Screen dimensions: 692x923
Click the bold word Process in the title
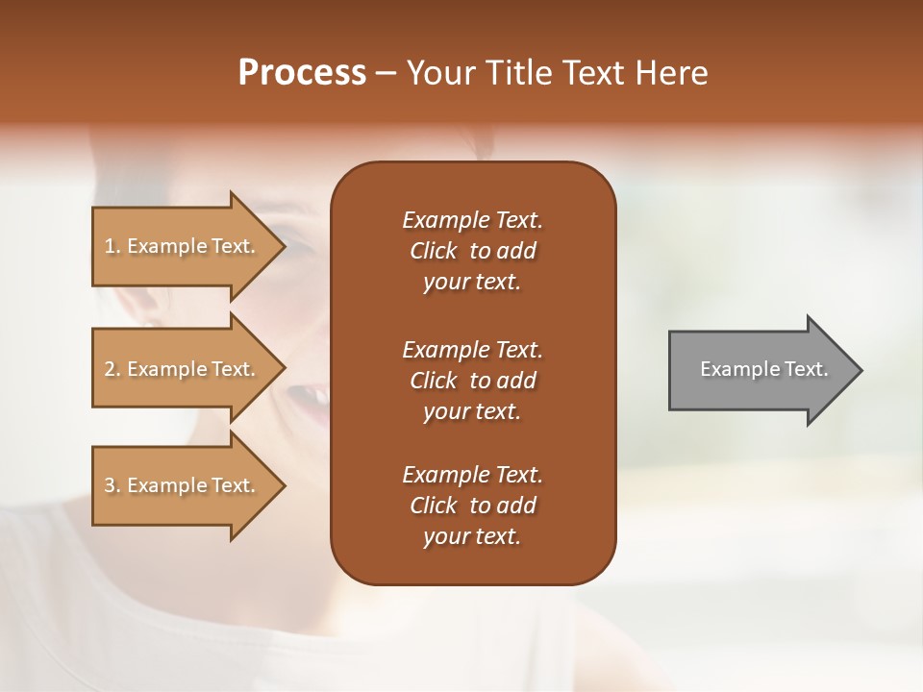[302, 73]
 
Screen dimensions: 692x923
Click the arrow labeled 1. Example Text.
[183, 246]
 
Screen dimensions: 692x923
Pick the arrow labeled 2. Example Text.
[183, 369]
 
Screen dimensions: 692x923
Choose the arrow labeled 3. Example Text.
[183, 485]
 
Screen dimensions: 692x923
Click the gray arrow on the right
[760, 370]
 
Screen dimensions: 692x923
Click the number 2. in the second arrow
[112, 369]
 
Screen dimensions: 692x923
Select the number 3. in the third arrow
[112, 485]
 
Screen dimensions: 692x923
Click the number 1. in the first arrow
[112, 246]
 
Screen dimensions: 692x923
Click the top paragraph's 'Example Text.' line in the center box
[472, 220]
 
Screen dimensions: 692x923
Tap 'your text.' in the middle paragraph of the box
[472, 411]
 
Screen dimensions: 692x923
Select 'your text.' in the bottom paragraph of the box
[472, 536]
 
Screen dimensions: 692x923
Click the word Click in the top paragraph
[433, 251]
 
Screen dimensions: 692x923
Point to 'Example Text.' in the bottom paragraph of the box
[472, 475]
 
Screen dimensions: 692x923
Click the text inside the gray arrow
[763, 369]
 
